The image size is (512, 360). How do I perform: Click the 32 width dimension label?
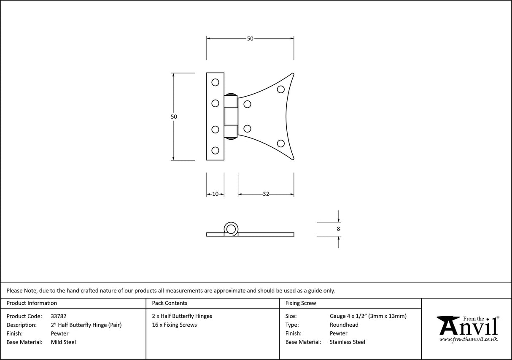tap(266, 194)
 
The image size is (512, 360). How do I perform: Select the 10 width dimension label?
tap(215, 194)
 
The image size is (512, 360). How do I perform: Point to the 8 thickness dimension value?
tap(339, 229)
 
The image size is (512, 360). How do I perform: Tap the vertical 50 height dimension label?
tap(174, 116)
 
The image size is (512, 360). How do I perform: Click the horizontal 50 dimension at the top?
tap(250, 38)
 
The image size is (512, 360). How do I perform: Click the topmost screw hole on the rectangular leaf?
tap(215, 82)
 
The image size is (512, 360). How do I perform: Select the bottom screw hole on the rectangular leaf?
tap(215, 150)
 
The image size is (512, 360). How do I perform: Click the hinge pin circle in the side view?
tap(231, 229)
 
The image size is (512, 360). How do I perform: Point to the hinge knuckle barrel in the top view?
tap(231, 116)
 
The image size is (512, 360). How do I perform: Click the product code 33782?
tap(58, 316)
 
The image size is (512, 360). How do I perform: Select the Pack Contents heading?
tap(170, 303)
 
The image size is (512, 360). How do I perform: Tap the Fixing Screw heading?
tap(301, 303)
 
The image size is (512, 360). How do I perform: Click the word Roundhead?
tap(344, 325)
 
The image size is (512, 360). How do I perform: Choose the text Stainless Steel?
tap(348, 342)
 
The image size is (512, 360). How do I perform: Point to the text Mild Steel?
tap(63, 342)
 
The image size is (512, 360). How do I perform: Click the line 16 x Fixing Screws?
tap(175, 325)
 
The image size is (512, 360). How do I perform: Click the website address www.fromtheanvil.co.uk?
tap(469, 339)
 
